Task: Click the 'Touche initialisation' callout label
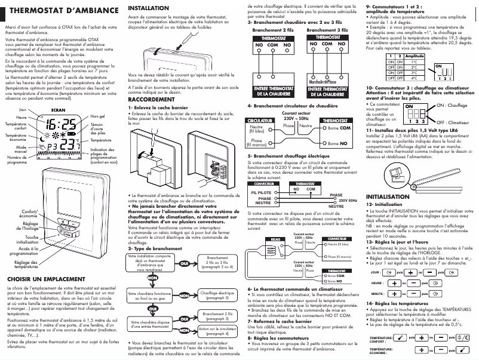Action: point(24,240)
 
